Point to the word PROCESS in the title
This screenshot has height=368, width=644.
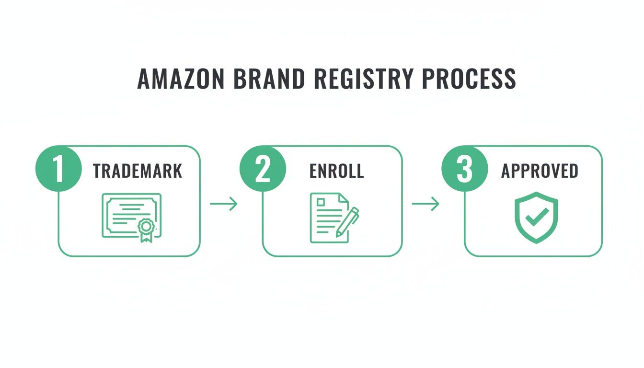[467, 79]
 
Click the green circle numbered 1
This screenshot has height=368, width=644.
[58, 169]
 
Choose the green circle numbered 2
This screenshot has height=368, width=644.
[263, 169]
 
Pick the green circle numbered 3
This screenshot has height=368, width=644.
[464, 169]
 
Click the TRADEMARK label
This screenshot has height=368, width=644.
[138, 171]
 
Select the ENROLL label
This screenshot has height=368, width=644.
[336, 171]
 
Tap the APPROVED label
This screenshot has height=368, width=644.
[540, 171]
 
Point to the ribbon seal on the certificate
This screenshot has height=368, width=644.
[145, 228]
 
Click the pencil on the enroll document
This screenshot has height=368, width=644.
[348, 221]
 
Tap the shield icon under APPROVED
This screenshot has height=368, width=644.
[536, 218]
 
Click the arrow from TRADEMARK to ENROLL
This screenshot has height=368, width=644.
[224, 204]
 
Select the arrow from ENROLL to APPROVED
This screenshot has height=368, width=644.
[425, 204]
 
